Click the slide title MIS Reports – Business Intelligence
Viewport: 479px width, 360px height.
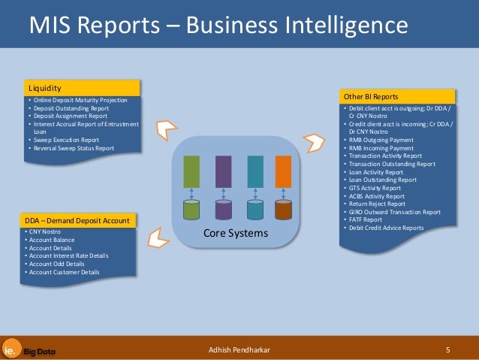tap(218, 27)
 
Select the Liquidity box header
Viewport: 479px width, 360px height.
tap(83, 88)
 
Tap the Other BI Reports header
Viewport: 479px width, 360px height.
tap(398, 97)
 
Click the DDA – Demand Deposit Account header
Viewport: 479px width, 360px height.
tap(80, 220)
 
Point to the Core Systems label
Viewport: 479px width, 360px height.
tap(236, 234)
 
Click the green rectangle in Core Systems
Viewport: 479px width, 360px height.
tap(192, 171)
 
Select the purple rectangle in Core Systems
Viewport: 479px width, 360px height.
tap(223, 171)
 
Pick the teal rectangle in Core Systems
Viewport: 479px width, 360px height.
tap(255, 171)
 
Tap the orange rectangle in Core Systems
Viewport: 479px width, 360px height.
tap(283, 171)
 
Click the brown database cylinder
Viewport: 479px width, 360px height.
tap(283, 209)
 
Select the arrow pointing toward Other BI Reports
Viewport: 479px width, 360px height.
tap(312, 141)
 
